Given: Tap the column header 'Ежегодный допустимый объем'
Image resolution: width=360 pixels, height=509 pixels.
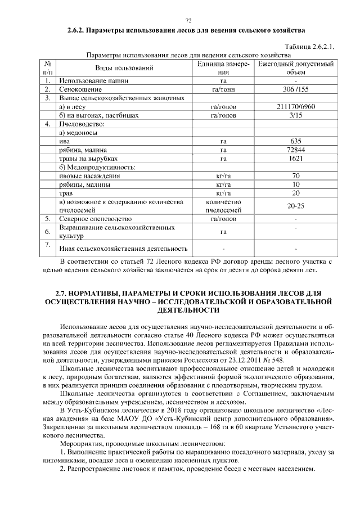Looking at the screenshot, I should pyautogui.click(x=296, y=68).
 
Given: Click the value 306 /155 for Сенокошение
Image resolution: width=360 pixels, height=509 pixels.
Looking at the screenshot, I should pyautogui.click(x=296, y=89).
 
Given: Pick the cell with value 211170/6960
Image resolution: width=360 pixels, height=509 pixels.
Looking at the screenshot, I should pyautogui.click(x=296, y=106).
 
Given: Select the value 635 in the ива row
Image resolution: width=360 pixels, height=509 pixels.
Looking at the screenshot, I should pyautogui.click(x=296, y=141).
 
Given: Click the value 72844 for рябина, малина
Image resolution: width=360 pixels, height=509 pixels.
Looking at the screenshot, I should pyautogui.click(x=296, y=150).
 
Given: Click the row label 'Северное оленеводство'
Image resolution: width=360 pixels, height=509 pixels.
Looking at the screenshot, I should pyautogui.click(x=95, y=218).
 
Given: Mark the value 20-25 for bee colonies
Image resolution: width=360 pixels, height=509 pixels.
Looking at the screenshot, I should pyautogui.click(x=296, y=206).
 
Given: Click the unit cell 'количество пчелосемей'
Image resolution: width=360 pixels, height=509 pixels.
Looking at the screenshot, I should pyautogui.click(x=223, y=206).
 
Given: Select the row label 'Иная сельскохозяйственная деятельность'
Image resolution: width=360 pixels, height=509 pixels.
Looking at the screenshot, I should pyautogui.click(x=123, y=249).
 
